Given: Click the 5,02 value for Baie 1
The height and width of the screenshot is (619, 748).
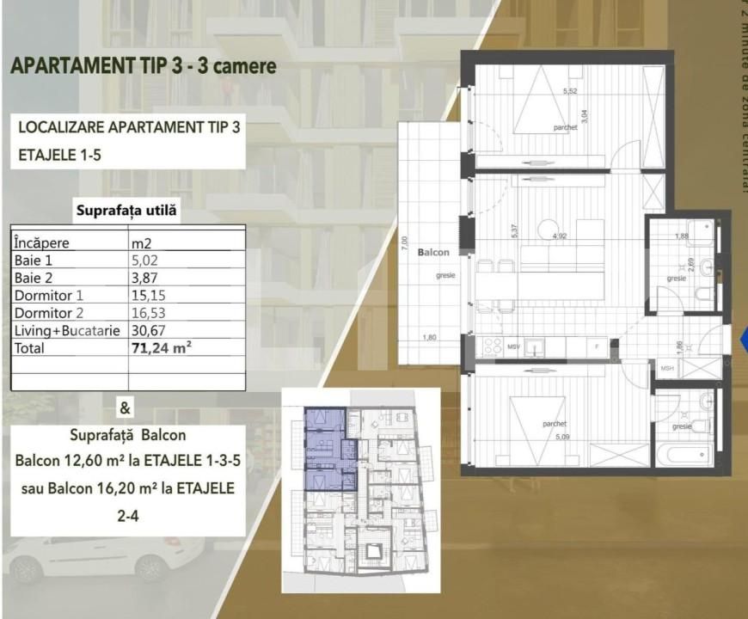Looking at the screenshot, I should [x=144, y=258].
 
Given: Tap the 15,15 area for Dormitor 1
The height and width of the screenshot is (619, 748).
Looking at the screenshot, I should [x=147, y=294].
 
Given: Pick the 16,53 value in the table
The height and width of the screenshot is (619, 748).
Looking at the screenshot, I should [x=147, y=312].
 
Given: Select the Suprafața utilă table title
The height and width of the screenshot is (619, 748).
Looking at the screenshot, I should [x=128, y=210].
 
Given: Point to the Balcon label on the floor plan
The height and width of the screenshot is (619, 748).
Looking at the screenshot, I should [x=432, y=254].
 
